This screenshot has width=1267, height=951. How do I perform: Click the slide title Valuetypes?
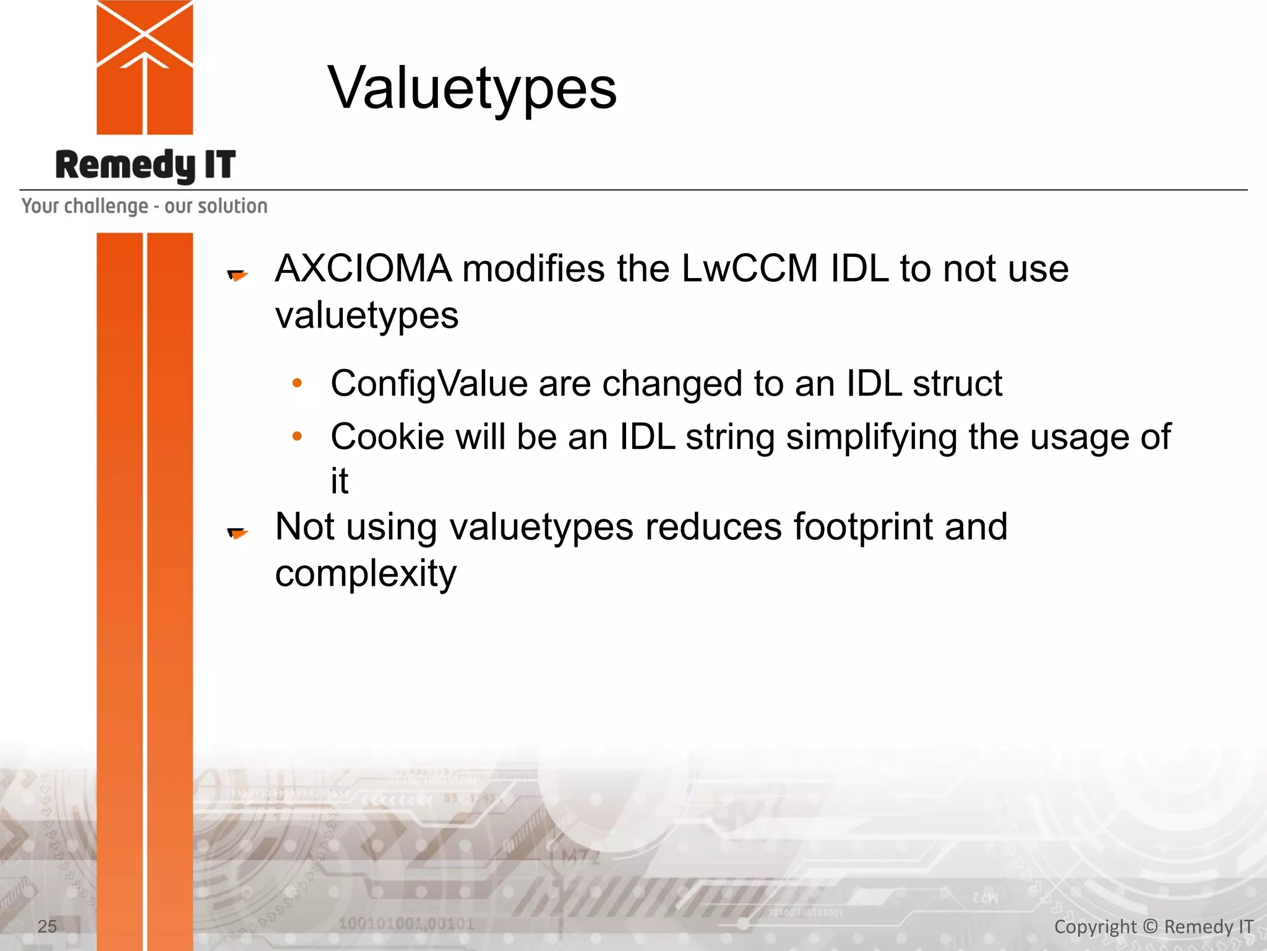tap(472, 88)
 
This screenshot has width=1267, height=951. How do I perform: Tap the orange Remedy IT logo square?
tap(145, 67)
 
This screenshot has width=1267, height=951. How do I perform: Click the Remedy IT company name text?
tap(145, 165)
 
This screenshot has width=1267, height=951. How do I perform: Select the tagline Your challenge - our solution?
tap(144, 206)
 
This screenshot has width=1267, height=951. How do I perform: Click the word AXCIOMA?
tap(364, 269)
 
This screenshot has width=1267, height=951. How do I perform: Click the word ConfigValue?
tap(429, 383)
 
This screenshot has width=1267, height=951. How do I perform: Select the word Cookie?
tap(387, 436)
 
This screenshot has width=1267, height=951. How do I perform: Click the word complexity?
tap(366, 574)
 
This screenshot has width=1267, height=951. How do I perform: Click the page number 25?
tap(47, 926)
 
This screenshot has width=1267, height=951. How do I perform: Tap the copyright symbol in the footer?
tap(1150, 926)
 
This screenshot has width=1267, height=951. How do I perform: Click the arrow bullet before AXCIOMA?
tap(238, 274)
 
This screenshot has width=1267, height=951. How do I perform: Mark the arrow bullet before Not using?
tap(238, 532)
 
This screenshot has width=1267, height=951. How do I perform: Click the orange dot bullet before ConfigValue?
tap(297, 383)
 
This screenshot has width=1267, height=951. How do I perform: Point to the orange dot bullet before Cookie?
tap(297, 436)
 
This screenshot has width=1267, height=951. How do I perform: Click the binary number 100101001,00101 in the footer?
tap(406, 924)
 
